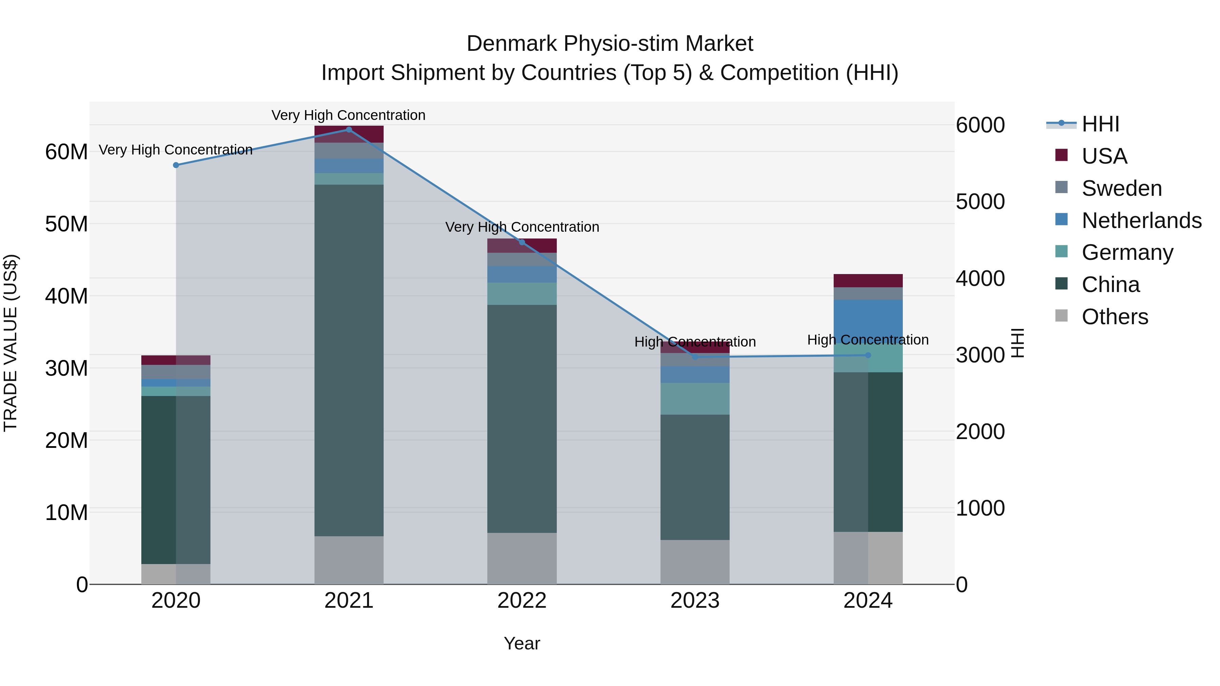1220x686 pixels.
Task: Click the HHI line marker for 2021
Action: tap(349, 129)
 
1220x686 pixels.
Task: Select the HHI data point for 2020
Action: tap(176, 165)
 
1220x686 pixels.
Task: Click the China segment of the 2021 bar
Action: tap(349, 360)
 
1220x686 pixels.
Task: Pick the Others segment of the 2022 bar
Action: tap(522, 559)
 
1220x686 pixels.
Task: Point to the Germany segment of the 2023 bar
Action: tap(694, 399)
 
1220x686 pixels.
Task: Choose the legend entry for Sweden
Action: tap(1121, 188)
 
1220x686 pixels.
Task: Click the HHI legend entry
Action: tap(1100, 124)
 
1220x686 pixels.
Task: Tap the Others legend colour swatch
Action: tap(1061, 316)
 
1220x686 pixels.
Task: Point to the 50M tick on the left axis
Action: tap(66, 224)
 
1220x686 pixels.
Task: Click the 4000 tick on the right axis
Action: tap(980, 278)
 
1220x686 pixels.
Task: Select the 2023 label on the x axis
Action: tap(694, 601)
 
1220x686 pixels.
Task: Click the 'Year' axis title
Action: tap(522, 643)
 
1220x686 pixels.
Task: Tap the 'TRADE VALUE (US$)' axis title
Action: tap(11, 343)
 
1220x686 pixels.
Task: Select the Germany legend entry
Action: tap(1127, 252)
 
